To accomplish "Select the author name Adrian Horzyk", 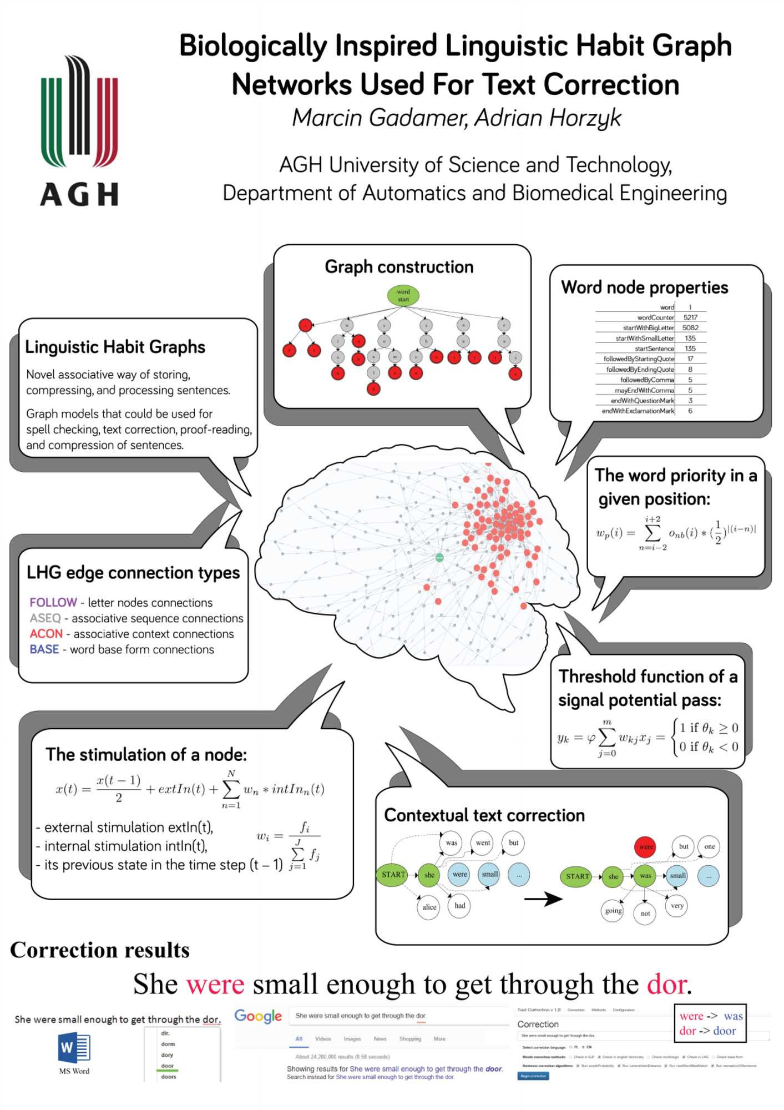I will pos(548,118).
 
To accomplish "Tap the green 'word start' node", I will pos(403,295).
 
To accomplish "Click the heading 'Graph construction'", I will pos(399,267).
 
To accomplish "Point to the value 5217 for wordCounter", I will pos(690,317).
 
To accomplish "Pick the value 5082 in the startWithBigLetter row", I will pos(690,328).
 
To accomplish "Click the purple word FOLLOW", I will pos(53,602).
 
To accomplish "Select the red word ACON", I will pos(46,634).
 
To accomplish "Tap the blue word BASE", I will pos(44,649).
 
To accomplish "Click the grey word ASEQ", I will pos(45,618).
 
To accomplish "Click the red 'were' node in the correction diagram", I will pos(645,847).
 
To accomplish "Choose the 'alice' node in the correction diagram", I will pos(429,907).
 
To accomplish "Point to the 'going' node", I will pos(613,911).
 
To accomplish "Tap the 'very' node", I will pos(677,906).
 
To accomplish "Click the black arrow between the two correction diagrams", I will pos(543,899).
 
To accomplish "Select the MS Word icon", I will pos(74,1048).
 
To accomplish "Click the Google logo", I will pos(258,1016).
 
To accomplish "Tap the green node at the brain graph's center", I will pos(439,557).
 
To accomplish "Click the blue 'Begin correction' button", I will pos(533,1076).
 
